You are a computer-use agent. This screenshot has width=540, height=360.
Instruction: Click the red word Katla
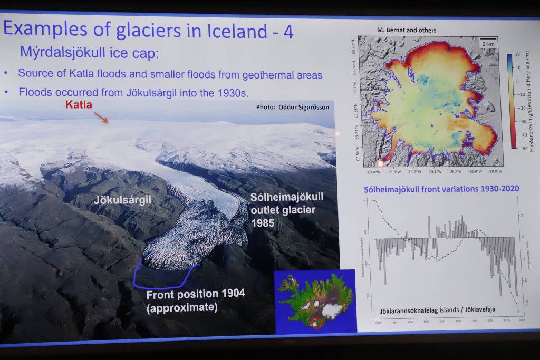point(79,104)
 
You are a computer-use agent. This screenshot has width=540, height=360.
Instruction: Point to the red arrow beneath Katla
point(101,116)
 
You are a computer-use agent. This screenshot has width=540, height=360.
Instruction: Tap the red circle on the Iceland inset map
point(317,323)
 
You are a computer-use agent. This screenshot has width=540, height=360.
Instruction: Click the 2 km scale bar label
point(488,44)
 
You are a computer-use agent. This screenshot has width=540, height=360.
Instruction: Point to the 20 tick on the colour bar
point(517,54)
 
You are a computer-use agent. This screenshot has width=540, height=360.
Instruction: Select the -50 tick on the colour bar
point(516,149)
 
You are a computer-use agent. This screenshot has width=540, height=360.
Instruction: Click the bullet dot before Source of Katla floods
point(6,74)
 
